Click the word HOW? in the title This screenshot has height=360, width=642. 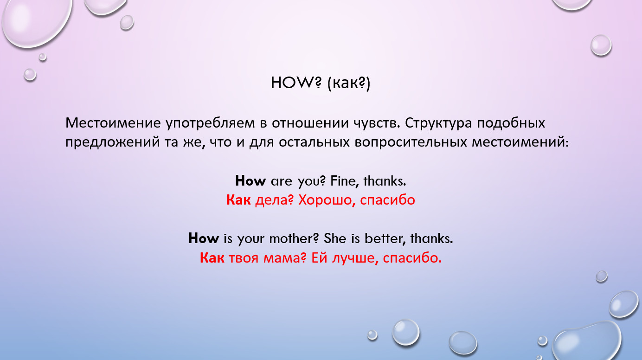tap(296, 83)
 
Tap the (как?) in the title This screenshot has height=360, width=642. tap(349, 84)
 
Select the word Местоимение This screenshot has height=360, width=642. tap(113, 123)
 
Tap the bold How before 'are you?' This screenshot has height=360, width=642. tap(250, 181)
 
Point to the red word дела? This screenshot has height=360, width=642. tap(275, 200)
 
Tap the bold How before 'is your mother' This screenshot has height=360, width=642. tap(204, 238)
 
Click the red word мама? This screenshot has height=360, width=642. tap(285, 258)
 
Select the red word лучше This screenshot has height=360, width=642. tap(355, 258)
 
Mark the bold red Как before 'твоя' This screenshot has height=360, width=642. tap(212, 257)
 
